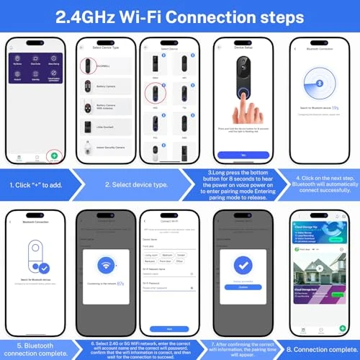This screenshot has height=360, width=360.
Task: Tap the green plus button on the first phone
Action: (x=55, y=155)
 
